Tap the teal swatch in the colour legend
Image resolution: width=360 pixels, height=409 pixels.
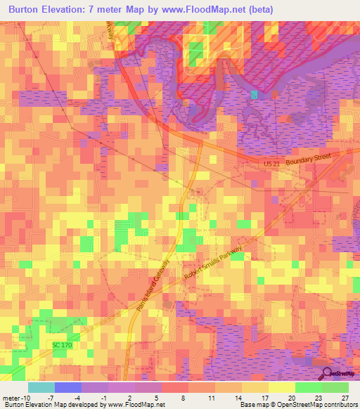(41, 387)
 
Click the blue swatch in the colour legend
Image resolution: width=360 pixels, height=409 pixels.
(67, 387)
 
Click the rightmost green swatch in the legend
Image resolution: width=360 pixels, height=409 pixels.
(335, 387)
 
